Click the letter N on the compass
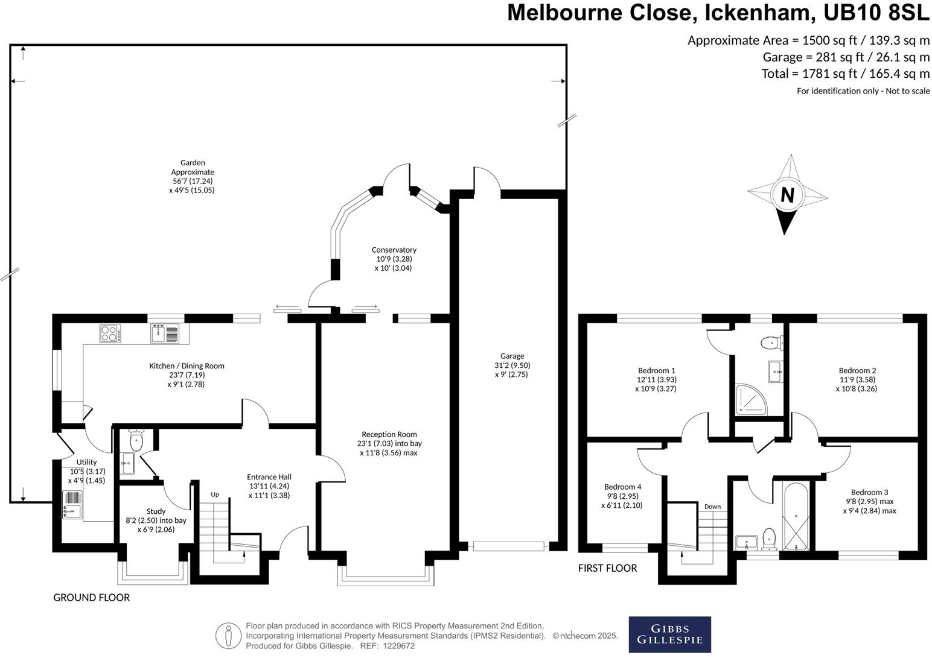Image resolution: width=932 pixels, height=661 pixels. coord(787,195)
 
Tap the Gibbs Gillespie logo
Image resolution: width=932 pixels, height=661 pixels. coord(669,634)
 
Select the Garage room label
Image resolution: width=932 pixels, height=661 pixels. coord(512,356)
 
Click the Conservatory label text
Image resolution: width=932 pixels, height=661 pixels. coord(394,250)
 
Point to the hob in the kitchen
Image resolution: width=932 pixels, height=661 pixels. coord(110,334)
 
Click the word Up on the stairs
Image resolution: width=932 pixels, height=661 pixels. coord(215,495)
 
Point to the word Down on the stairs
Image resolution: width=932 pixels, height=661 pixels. coord(712,507)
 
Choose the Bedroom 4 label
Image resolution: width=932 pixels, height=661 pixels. coord(622,487)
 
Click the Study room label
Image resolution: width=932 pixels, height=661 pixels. coord(156,511)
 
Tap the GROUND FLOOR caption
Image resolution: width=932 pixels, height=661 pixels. coord(92,598)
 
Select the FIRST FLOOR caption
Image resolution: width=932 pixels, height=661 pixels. coord(607,568)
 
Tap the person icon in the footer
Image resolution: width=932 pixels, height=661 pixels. coord(228,636)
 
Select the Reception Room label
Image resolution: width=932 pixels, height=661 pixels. coord(389,434)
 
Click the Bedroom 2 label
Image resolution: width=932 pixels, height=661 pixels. coord(857,371)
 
